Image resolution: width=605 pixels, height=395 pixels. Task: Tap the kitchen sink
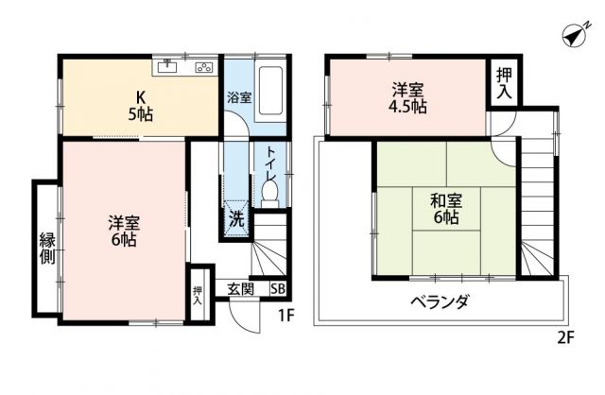click(x=168, y=66)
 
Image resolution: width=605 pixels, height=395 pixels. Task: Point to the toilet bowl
click(x=270, y=192)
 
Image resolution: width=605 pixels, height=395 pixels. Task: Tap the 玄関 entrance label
click(x=240, y=289)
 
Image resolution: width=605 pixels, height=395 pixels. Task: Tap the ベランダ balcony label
click(x=440, y=302)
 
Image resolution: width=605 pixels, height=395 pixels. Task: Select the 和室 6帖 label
click(x=444, y=208)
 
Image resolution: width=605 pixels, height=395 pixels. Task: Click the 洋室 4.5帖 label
click(x=408, y=98)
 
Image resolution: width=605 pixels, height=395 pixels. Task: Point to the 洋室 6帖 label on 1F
click(x=123, y=232)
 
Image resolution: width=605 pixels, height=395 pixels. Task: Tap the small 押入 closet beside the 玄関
click(x=198, y=296)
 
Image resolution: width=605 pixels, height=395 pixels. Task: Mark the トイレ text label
click(x=270, y=160)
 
